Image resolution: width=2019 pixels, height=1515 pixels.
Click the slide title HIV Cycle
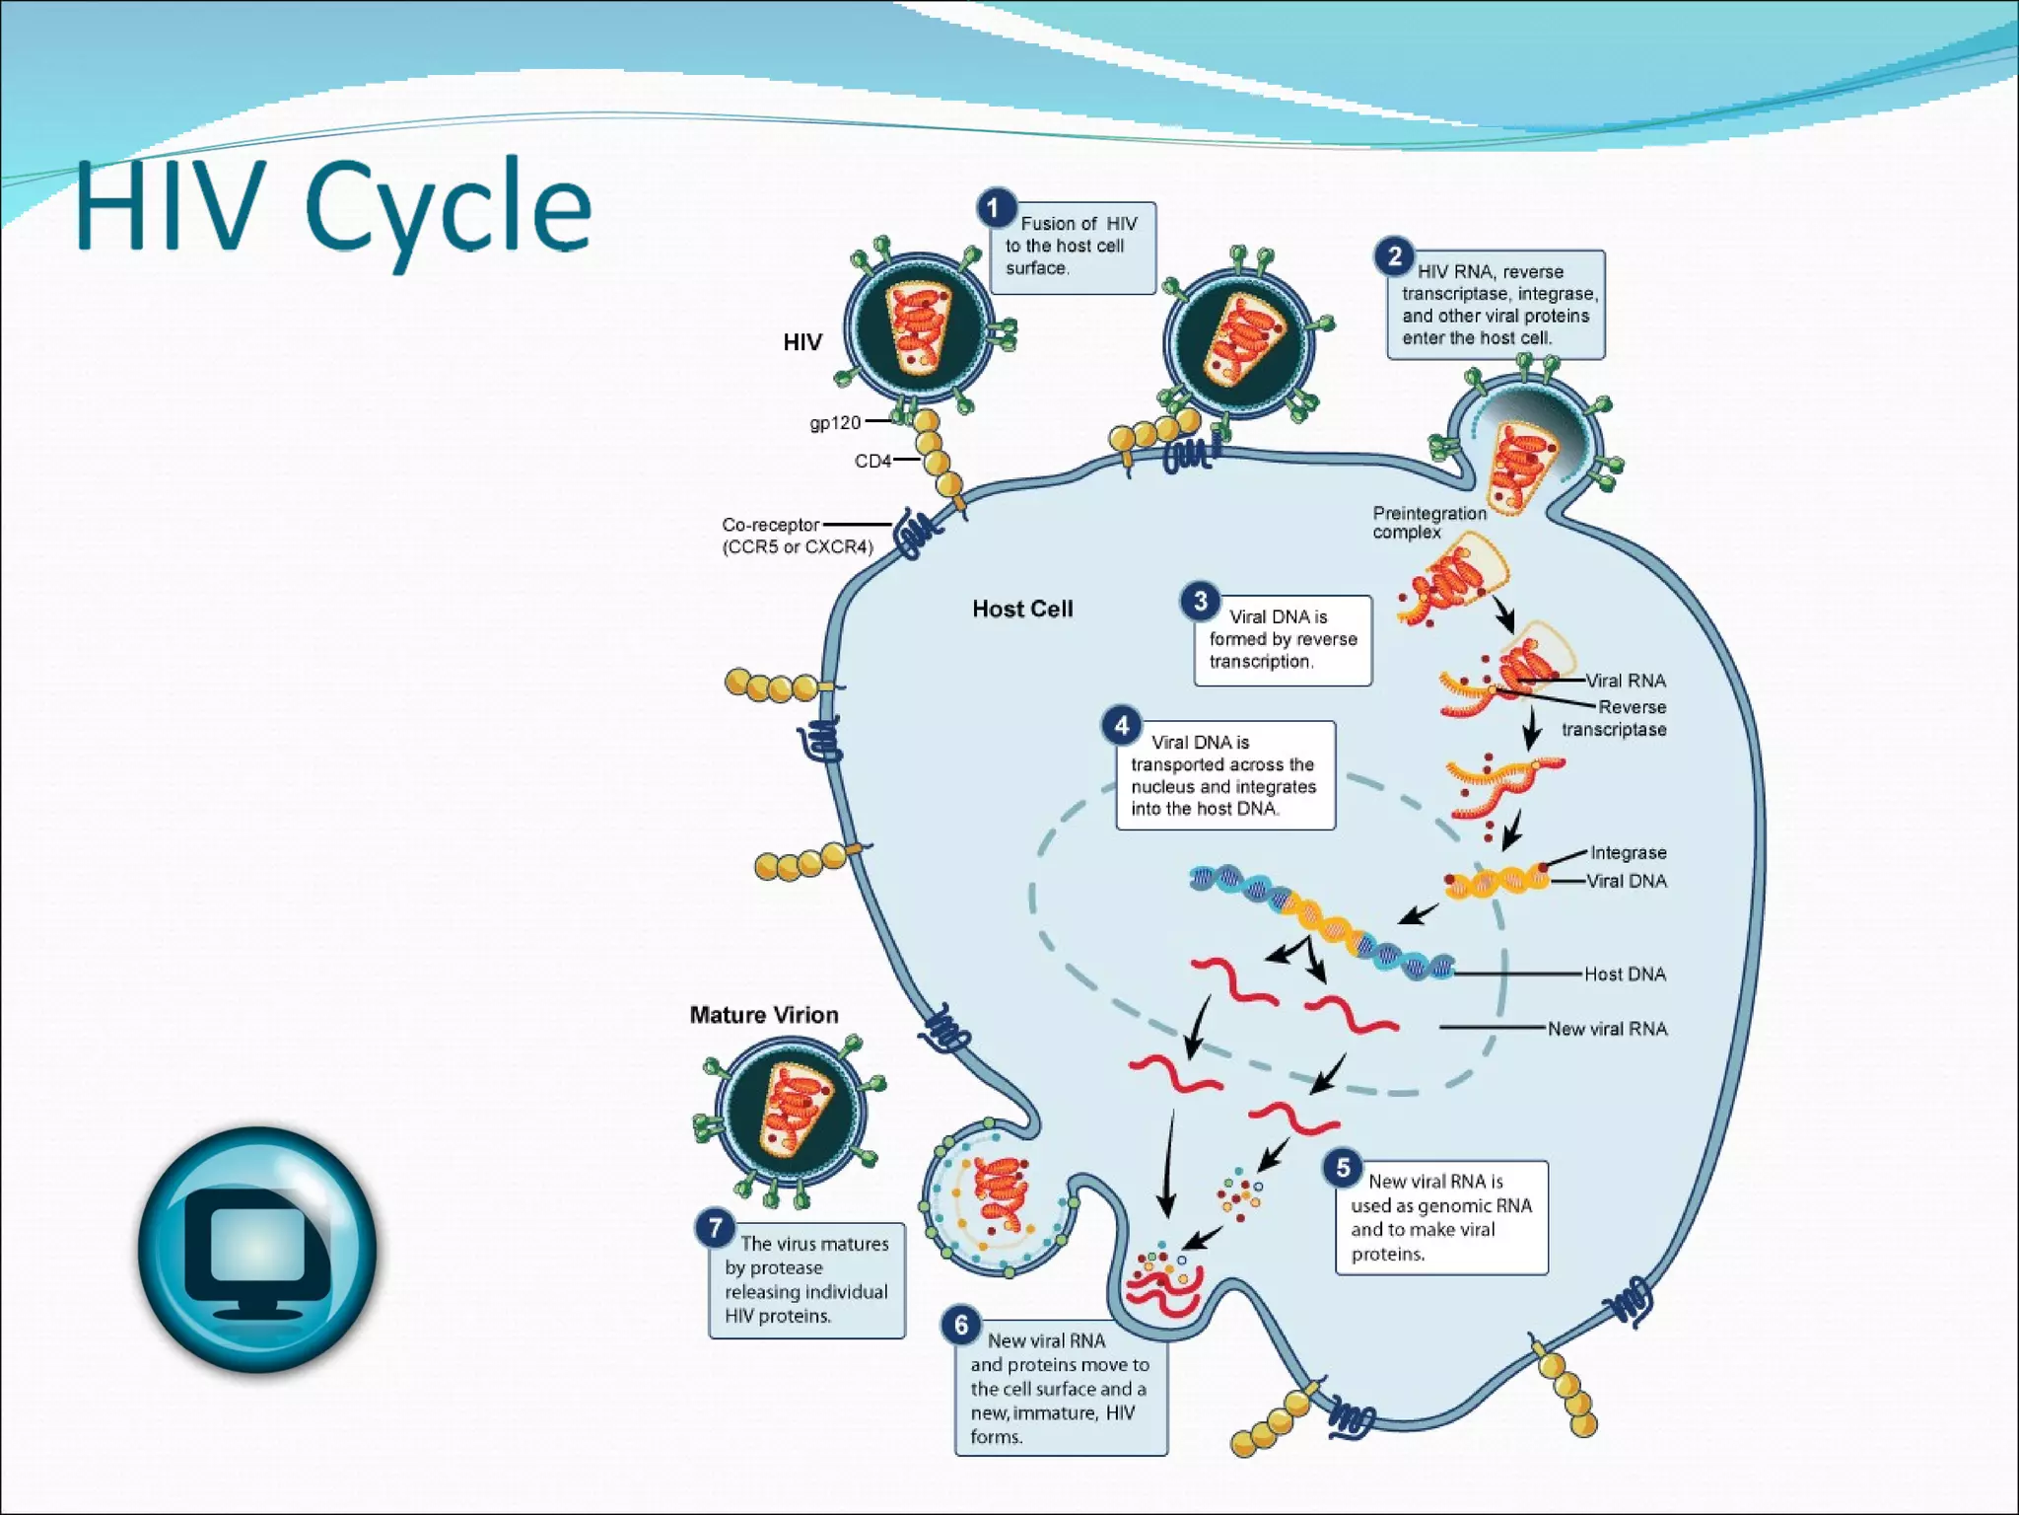pyautogui.click(x=333, y=207)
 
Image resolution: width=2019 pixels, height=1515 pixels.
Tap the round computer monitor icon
pyautogui.click(x=257, y=1250)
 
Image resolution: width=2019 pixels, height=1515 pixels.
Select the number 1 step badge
pyautogui.click(x=995, y=208)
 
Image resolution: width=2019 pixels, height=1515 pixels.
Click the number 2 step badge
pyautogui.click(x=1394, y=257)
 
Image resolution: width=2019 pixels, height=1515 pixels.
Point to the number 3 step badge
pyautogui.click(x=1200, y=601)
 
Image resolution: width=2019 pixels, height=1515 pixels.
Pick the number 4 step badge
pyautogui.click(x=1121, y=726)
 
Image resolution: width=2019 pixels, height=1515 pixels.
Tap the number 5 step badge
pyautogui.click(x=1343, y=1168)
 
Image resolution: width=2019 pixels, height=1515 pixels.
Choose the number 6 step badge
pyautogui.click(x=961, y=1325)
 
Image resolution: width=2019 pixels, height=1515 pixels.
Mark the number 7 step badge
pyautogui.click(x=715, y=1228)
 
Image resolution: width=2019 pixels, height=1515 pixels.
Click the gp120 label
pyautogui.click(x=835, y=422)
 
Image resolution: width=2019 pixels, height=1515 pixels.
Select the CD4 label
pyautogui.click(x=872, y=461)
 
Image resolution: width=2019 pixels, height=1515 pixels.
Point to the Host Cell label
pyautogui.click(x=1022, y=609)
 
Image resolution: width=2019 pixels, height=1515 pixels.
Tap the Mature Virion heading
pyautogui.click(x=764, y=1015)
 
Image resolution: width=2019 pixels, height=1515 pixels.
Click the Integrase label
pyautogui.click(x=1628, y=852)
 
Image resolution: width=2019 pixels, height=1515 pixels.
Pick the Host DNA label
pyautogui.click(x=1625, y=974)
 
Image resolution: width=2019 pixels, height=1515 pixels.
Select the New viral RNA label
pyautogui.click(x=1607, y=1029)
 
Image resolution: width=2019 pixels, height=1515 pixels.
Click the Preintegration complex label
pyautogui.click(x=1428, y=522)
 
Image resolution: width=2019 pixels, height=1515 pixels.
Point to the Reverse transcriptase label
pyautogui.click(x=1616, y=718)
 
